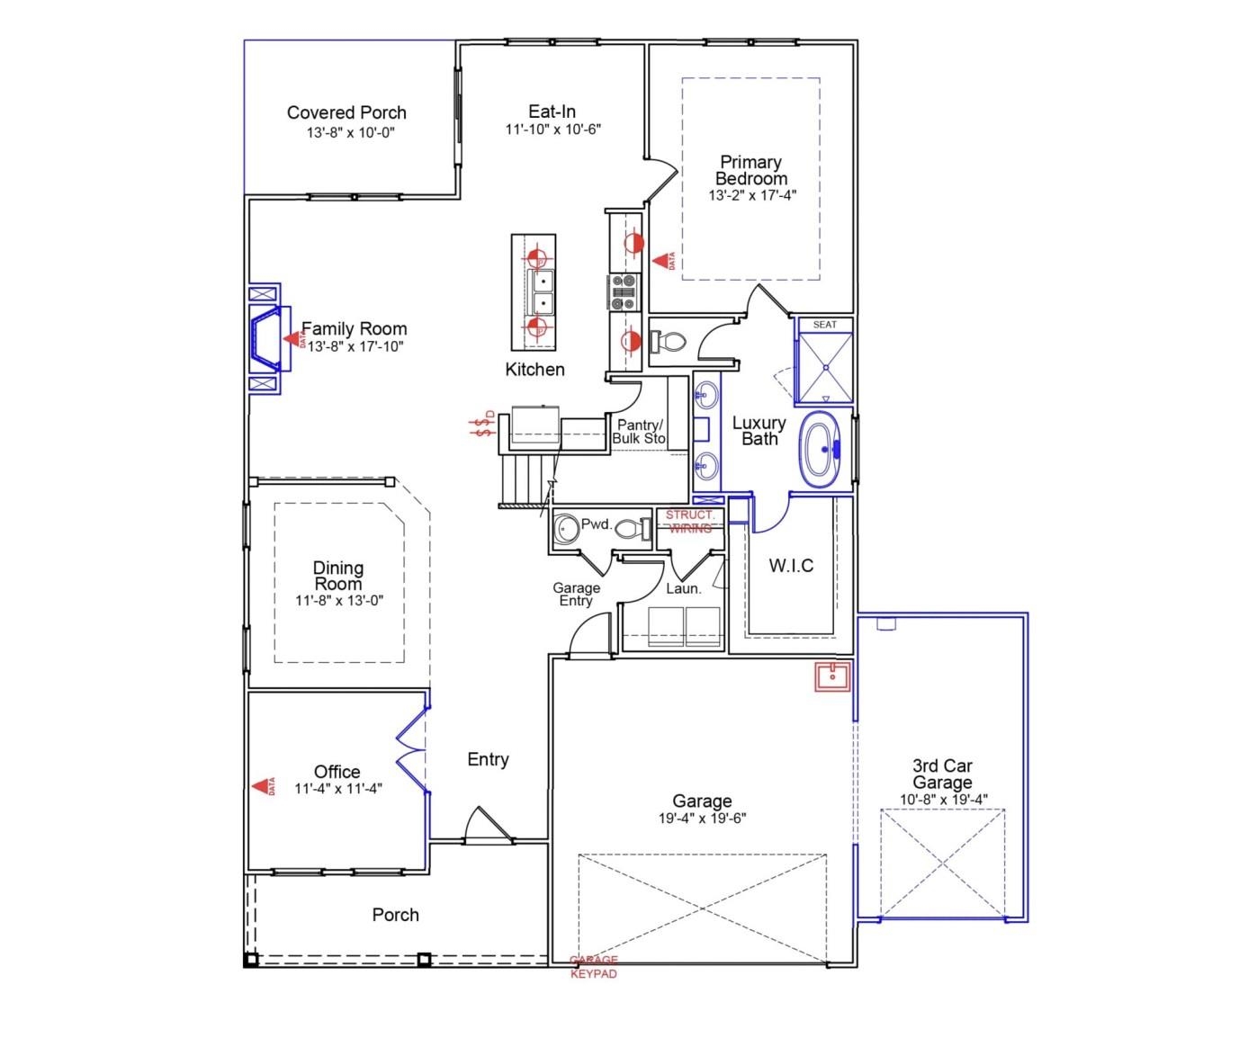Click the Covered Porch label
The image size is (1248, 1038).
coord(346,112)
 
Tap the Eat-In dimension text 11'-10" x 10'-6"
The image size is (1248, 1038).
coord(552,130)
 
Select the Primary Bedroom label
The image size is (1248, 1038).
coord(750,170)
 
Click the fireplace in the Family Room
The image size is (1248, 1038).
coord(268,339)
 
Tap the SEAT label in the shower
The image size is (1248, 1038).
coord(824,325)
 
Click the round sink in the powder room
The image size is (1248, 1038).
coord(567,529)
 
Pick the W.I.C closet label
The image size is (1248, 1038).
coord(791,566)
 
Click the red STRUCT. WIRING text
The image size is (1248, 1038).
coord(690,522)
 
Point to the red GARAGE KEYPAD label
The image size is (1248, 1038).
coord(594,967)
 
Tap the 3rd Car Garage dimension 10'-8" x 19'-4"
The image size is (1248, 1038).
coord(943,800)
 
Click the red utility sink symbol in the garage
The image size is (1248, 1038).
coord(832,677)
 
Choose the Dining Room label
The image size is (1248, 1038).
coord(338,576)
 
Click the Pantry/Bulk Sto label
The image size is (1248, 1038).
coord(639,432)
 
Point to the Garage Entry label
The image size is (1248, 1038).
coord(576,595)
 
